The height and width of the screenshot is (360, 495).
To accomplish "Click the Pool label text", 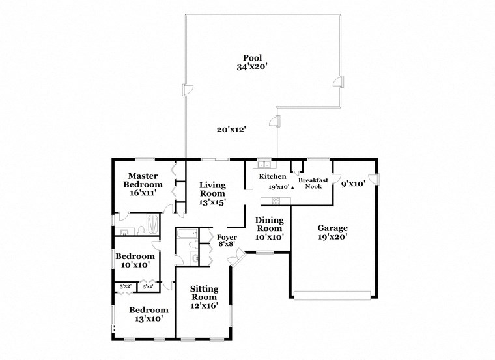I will tap(253, 57).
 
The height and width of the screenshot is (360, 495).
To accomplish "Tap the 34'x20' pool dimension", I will tap(253, 66).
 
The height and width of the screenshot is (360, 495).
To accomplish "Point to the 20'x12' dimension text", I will tap(231, 129).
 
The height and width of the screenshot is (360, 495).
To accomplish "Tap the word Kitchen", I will tap(272, 177).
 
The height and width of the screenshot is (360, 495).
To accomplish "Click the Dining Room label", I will tap(268, 224).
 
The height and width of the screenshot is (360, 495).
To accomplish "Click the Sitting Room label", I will tap(203, 296).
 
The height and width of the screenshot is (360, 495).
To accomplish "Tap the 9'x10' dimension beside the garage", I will tap(353, 184).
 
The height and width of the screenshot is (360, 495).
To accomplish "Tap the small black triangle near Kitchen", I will tap(292, 187).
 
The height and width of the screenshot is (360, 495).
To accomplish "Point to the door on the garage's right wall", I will tap(373, 179).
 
